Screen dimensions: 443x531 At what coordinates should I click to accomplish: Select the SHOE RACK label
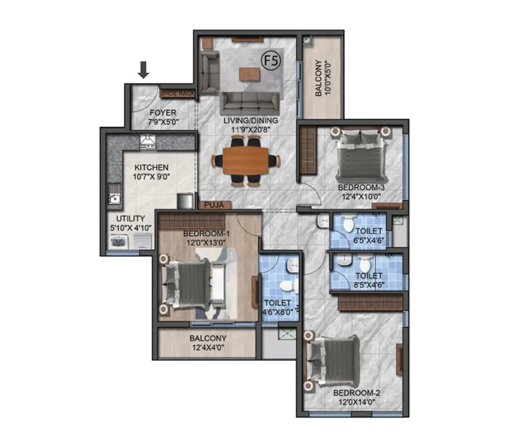pos(177,93)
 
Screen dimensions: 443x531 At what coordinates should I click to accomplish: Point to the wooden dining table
pos(245,160)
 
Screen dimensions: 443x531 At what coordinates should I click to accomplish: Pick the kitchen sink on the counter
pos(114,196)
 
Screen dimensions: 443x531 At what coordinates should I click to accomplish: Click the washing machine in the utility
pos(119,241)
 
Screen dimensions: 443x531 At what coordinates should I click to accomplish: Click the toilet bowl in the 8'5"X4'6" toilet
pos(365,264)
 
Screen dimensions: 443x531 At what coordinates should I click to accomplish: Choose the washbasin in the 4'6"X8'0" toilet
pos(292,267)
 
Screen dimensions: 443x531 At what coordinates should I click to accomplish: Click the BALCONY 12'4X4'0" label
pos(208,342)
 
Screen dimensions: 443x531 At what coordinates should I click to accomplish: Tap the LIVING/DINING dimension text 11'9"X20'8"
pos(250,130)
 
